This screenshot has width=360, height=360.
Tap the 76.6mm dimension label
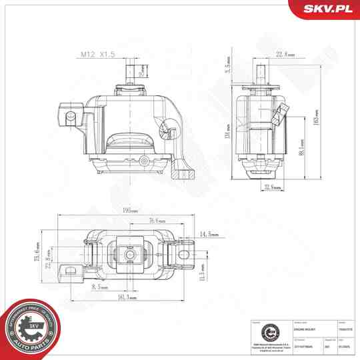pyautogui.click(x=157, y=221)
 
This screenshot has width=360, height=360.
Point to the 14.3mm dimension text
pyautogui.click(x=209, y=235)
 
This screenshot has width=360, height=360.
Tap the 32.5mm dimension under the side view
pyautogui.click(x=272, y=187)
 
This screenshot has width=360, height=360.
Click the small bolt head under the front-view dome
pyautogui.click(x=144, y=160)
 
